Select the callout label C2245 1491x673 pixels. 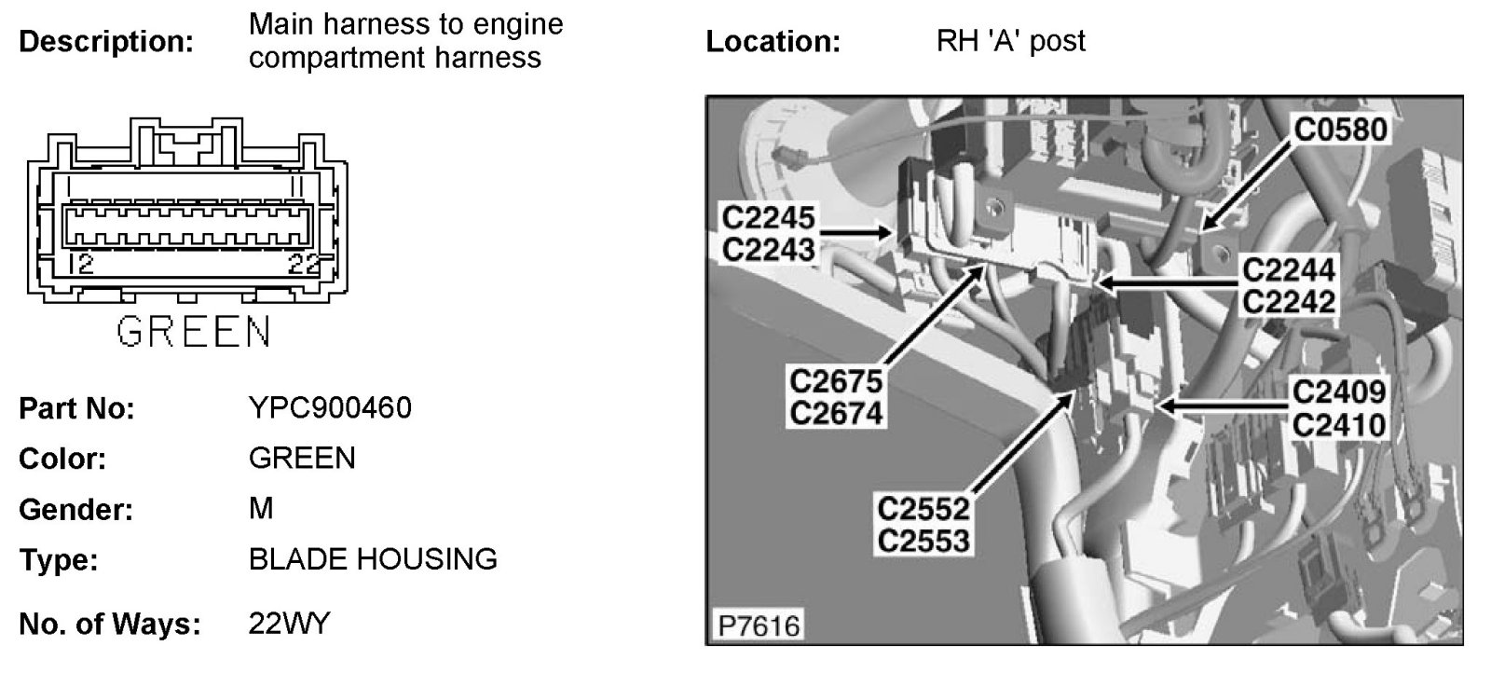(x=769, y=218)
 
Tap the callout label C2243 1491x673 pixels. (x=769, y=249)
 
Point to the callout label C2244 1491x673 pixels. (x=1290, y=270)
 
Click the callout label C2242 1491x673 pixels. (x=1290, y=301)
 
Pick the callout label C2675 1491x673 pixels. (x=836, y=381)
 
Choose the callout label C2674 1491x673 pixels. (x=836, y=412)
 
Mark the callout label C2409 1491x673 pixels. (x=1339, y=392)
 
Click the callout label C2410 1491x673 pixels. (x=1339, y=424)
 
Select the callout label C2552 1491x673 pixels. (x=923, y=509)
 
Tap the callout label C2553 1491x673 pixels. (x=923, y=540)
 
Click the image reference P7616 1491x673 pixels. (x=759, y=625)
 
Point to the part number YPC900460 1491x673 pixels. (x=330, y=407)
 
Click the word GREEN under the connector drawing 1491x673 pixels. (x=194, y=333)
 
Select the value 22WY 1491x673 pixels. (x=289, y=623)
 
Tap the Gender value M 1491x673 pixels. (x=261, y=508)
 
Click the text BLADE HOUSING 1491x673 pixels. (x=373, y=559)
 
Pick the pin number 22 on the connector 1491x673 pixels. (x=303, y=264)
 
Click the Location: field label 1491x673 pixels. (x=773, y=42)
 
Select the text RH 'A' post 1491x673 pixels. (x=1011, y=41)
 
